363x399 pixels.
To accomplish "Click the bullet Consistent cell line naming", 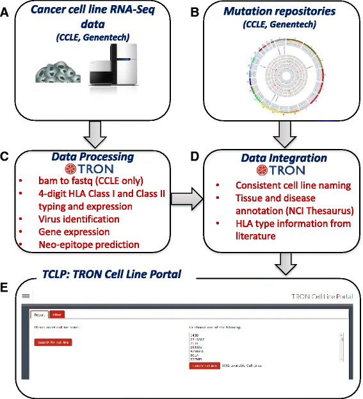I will point(277,185).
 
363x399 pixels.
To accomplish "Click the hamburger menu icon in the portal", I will point(26,296).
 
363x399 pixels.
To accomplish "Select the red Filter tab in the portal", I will point(56,314).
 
